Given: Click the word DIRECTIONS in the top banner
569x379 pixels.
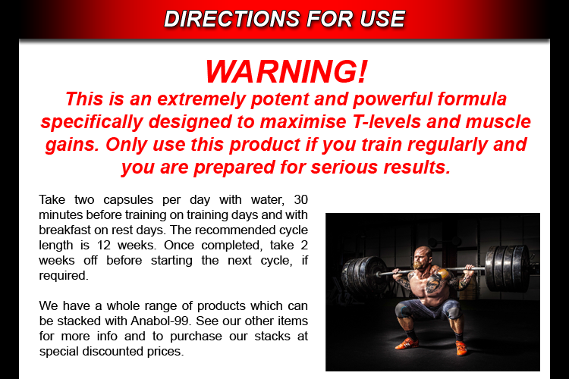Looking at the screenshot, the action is [x=232, y=19].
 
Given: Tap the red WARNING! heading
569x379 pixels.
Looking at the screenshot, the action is [x=286, y=71].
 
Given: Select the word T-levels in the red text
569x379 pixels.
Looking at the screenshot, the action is [x=386, y=121].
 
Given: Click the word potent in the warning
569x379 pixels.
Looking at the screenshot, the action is [x=280, y=99].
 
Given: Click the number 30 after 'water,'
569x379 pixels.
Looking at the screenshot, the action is [x=301, y=199].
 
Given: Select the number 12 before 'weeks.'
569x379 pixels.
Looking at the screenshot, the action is [x=103, y=245].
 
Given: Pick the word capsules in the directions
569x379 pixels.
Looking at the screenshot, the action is [x=128, y=200].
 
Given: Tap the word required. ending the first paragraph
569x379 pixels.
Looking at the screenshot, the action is [x=64, y=276].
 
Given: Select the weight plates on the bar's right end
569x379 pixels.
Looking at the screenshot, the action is [x=507, y=268].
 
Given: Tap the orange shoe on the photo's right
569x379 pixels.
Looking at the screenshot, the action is [x=461, y=347].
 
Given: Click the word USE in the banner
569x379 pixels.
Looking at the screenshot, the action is [x=382, y=19].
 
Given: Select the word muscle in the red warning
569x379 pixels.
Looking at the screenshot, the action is [x=498, y=121].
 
